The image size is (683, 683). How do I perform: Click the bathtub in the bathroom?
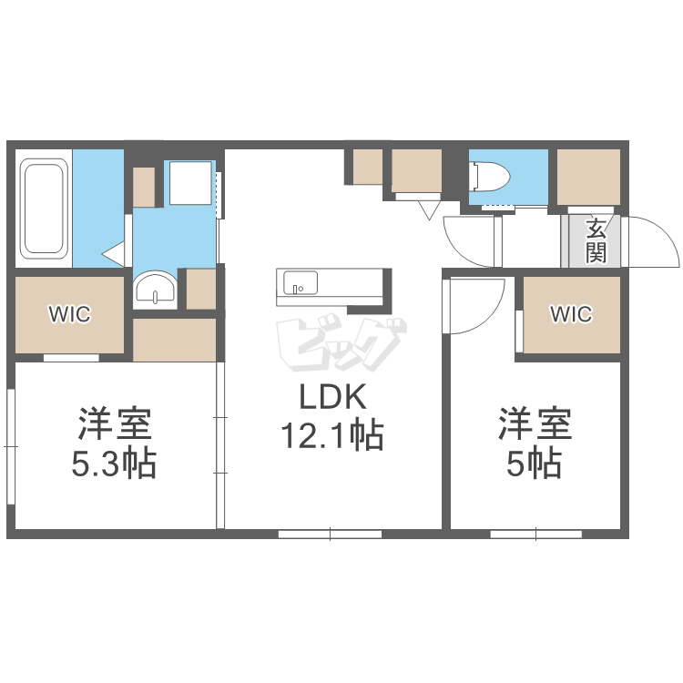click(x=44, y=208)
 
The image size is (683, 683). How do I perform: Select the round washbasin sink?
click(x=156, y=291)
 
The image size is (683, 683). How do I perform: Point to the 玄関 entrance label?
click(x=596, y=240)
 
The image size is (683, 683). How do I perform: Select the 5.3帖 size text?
click(x=114, y=464)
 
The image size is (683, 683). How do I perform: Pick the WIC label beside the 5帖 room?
click(x=571, y=314)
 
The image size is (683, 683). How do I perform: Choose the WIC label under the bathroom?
click(x=69, y=314)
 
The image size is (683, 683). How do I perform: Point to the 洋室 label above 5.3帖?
click(x=114, y=424)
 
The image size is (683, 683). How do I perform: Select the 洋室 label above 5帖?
click(x=534, y=424)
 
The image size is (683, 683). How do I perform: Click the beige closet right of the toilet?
click(x=588, y=176)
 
